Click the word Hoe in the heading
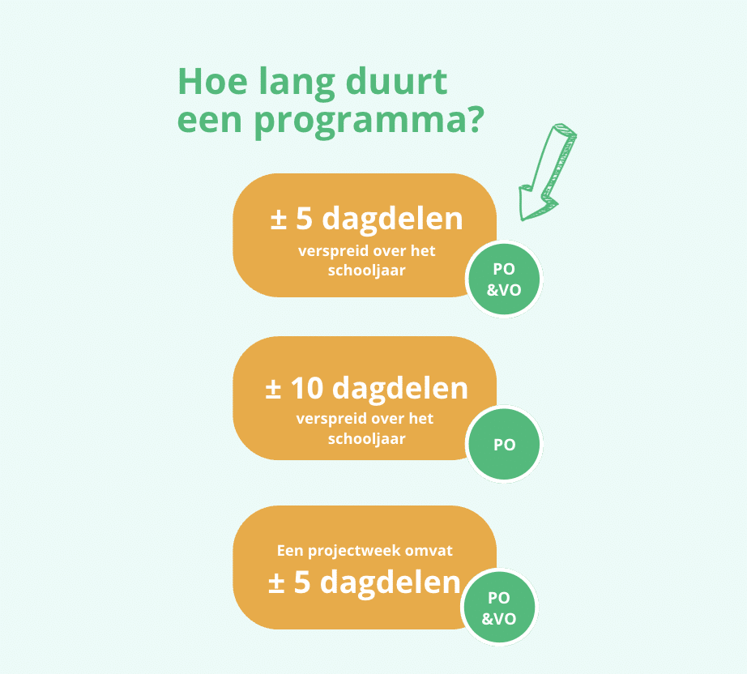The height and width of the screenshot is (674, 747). (x=212, y=82)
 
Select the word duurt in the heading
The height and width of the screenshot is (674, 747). (x=396, y=82)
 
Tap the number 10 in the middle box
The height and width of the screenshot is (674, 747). (x=307, y=388)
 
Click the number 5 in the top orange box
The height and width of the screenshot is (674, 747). (x=304, y=219)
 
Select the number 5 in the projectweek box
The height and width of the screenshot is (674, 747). (x=302, y=582)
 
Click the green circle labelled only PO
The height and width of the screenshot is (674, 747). (x=504, y=444)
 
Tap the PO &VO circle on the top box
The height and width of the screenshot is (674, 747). (x=504, y=279)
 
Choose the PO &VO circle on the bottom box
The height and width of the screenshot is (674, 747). (x=499, y=608)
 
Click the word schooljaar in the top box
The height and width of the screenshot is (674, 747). (x=366, y=271)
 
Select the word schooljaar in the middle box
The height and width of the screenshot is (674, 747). (x=366, y=439)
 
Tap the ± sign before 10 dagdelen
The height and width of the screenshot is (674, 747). (x=273, y=389)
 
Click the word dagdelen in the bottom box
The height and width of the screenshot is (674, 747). (x=391, y=583)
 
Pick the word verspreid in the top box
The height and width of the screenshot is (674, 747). (x=329, y=251)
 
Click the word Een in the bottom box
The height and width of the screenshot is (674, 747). (x=290, y=551)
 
